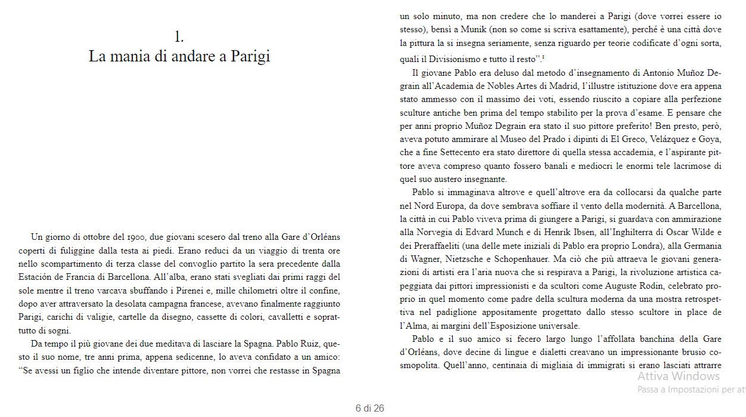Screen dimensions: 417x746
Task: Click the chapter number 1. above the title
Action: pyautogui.click(x=179, y=36)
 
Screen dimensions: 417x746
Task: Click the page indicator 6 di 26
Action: pyautogui.click(x=369, y=409)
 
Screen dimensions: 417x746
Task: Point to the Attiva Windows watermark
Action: pyautogui.click(x=678, y=376)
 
